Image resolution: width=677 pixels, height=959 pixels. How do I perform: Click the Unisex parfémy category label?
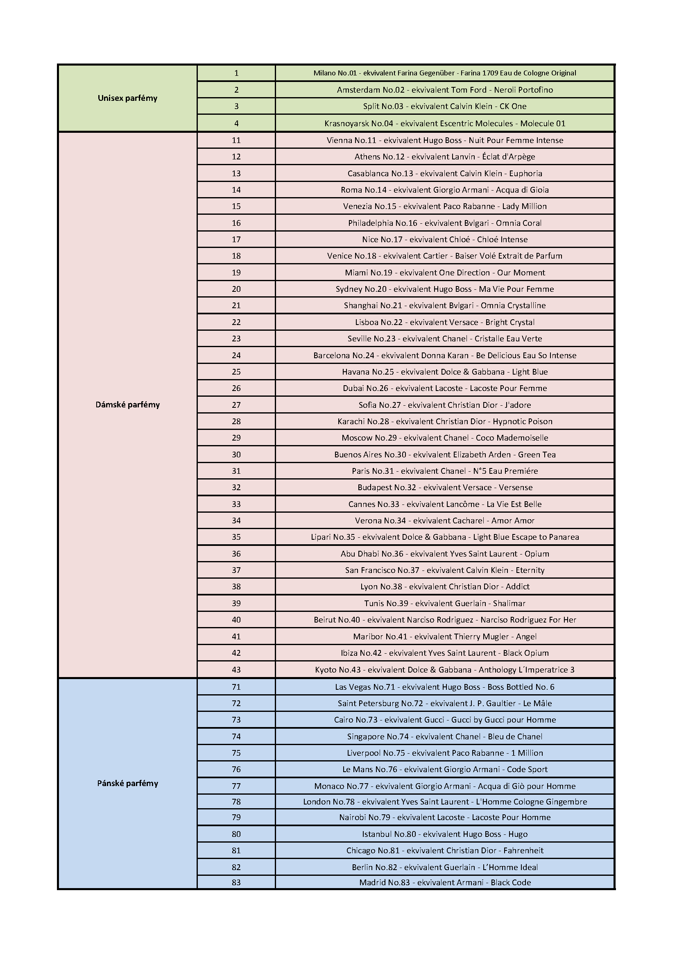click(127, 98)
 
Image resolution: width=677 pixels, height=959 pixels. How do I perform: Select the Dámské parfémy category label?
click(127, 405)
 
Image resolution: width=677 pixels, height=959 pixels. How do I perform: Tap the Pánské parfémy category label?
click(127, 784)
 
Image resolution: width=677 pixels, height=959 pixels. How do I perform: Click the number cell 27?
click(236, 405)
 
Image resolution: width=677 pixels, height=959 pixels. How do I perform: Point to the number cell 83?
click(236, 882)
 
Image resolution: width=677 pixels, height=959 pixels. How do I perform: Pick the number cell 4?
click(236, 123)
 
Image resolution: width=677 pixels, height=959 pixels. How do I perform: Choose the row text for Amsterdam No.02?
click(444, 90)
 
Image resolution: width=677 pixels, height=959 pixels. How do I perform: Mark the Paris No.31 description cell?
click(444, 471)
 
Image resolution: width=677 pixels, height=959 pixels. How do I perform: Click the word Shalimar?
click(509, 603)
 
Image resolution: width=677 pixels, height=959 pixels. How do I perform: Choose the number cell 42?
click(236, 653)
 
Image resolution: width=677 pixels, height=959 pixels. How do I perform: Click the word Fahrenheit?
click(523, 850)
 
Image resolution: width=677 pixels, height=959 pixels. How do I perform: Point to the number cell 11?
click(236, 140)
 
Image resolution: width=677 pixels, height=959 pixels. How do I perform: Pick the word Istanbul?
click(376, 834)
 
